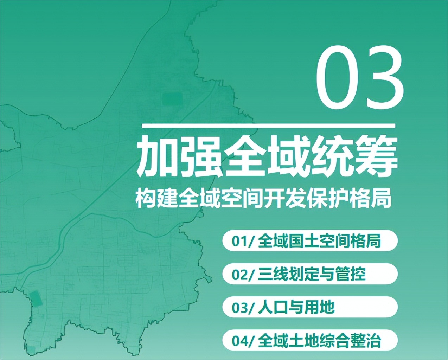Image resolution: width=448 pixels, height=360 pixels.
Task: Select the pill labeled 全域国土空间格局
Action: (310, 241)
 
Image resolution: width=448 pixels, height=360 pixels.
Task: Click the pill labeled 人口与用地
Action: (310, 307)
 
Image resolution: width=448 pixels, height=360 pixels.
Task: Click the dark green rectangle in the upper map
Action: (173, 98)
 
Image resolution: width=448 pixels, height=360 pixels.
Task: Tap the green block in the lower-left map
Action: (36, 298)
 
